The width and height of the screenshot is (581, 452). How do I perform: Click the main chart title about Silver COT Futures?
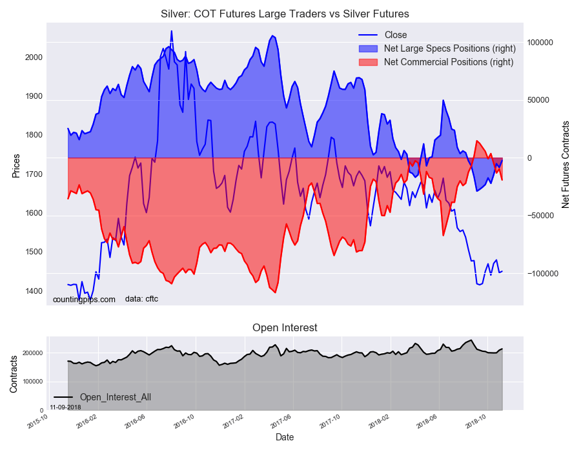(x=285, y=14)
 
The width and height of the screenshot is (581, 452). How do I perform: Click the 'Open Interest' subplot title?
(x=285, y=327)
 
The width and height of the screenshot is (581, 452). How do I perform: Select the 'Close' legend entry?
(x=395, y=35)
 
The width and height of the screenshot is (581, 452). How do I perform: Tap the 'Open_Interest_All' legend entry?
(x=115, y=397)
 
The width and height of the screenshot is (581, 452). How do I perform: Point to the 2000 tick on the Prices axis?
(x=34, y=57)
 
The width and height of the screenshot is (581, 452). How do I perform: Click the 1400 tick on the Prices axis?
(x=34, y=291)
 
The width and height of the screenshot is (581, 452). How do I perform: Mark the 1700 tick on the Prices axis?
(x=34, y=174)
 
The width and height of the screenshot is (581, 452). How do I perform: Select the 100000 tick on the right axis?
(x=541, y=42)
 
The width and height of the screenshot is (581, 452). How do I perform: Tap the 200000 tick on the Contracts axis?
(x=32, y=353)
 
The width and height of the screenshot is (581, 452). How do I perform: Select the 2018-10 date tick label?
(x=476, y=424)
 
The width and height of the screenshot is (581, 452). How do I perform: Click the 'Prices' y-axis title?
(x=16, y=166)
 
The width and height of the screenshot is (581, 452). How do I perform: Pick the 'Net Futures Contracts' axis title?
(x=566, y=164)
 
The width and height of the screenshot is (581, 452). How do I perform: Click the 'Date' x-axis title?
(x=285, y=437)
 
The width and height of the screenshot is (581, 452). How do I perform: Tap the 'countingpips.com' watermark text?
(x=84, y=299)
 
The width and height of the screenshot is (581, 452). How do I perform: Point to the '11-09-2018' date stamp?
(x=65, y=407)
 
